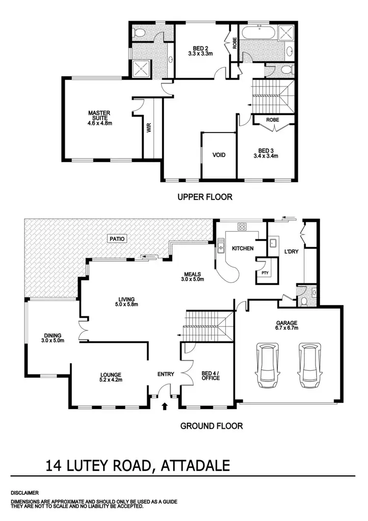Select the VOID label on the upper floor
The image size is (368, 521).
(x=219, y=155)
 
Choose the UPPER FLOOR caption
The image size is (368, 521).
(x=204, y=197)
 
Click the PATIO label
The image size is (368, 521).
(x=118, y=239)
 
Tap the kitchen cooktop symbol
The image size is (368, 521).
(x=242, y=227)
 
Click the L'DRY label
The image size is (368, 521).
(x=291, y=252)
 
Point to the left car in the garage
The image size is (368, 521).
(x=268, y=362)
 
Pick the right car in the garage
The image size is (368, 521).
(x=308, y=362)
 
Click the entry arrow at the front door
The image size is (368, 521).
(x=165, y=406)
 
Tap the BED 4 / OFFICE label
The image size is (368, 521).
(x=210, y=375)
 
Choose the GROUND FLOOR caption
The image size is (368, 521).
(x=211, y=426)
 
